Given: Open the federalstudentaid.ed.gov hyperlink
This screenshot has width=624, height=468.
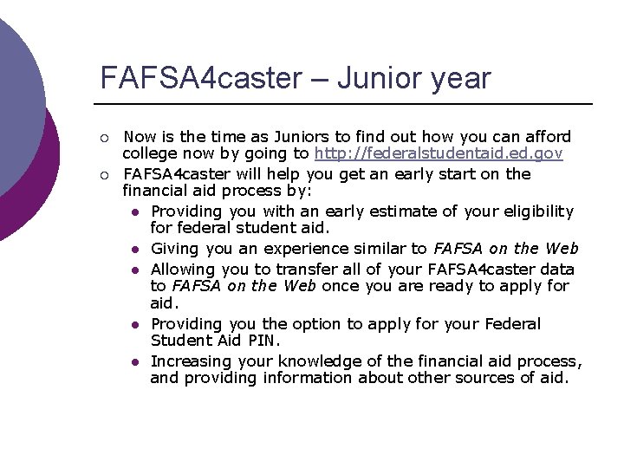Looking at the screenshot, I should click(439, 154).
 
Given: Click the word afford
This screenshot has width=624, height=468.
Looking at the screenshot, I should click(547, 136).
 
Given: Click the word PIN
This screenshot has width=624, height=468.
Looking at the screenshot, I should click(263, 341).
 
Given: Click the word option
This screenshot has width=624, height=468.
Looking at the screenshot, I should click(318, 323).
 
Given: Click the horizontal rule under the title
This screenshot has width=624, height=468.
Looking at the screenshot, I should click(347, 104).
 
